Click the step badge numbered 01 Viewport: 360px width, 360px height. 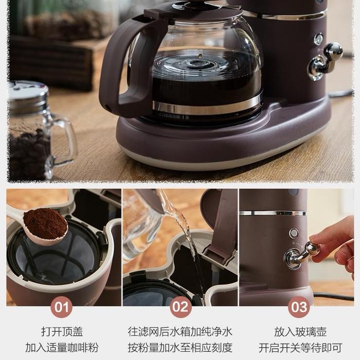(61, 307)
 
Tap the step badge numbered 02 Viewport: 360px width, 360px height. (181, 307)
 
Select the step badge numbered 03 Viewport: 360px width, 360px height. (299, 307)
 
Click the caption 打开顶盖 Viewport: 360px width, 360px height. (62, 332)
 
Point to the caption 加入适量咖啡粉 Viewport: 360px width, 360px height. (62, 348)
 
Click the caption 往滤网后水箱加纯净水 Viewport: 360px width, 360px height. (180, 332)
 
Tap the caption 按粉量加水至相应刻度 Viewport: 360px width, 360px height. (180, 348)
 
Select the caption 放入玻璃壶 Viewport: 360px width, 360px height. (300, 332)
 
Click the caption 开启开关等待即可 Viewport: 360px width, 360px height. (300, 348)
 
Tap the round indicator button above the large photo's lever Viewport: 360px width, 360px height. (318, 39)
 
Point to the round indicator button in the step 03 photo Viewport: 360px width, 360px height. (294, 233)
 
